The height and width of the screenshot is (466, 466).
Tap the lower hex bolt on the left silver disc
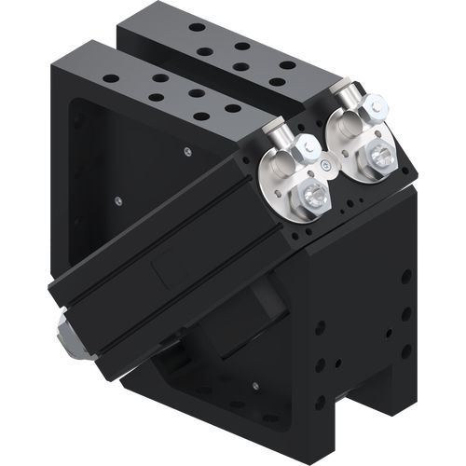(311, 197)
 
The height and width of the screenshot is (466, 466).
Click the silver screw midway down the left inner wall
(117, 199)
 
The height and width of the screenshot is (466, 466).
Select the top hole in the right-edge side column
(407, 277)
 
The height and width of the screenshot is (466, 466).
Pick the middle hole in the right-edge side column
(406, 314)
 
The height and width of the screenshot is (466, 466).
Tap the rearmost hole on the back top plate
(198, 27)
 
